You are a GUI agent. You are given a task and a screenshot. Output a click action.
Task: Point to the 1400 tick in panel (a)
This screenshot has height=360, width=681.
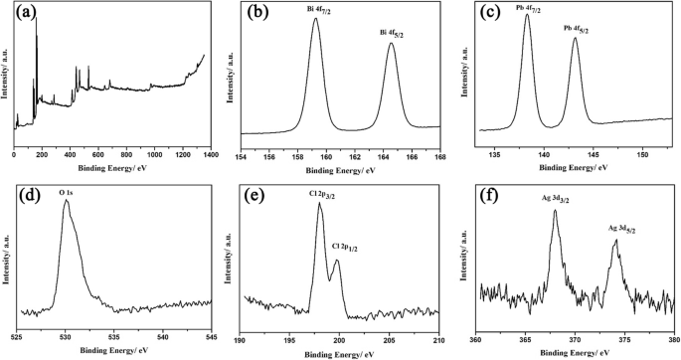[x=210, y=156]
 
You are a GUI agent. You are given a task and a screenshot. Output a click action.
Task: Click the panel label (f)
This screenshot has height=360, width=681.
[x=493, y=193]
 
